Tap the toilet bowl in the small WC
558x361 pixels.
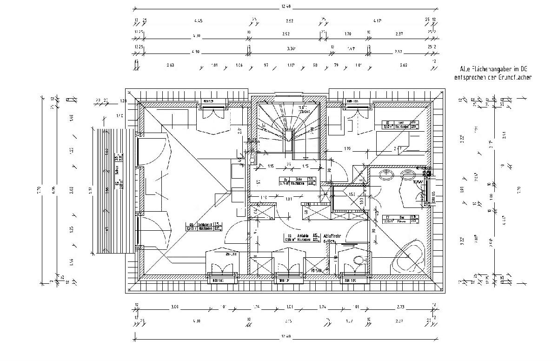point(358,261)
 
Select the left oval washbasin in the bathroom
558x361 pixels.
point(385,175)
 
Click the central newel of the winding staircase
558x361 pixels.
point(289,136)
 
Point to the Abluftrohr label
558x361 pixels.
point(332,238)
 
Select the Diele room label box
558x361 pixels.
point(298,181)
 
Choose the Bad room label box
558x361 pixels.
point(399,219)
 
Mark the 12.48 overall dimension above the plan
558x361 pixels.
point(286,6)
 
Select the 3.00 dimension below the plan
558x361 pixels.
point(174,307)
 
